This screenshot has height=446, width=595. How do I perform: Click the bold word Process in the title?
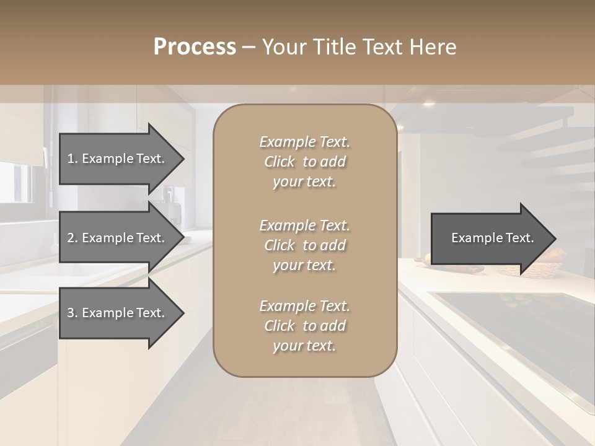[x=195, y=47]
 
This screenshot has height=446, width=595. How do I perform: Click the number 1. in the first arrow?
[x=73, y=159]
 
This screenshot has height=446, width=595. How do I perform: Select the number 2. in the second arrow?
[x=73, y=238]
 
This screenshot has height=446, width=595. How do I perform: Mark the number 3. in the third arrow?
[x=73, y=313]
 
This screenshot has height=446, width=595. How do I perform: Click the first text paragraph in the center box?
[x=304, y=162]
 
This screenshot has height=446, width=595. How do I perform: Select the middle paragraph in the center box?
[x=304, y=245]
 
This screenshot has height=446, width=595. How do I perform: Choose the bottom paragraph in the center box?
[x=304, y=326]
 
